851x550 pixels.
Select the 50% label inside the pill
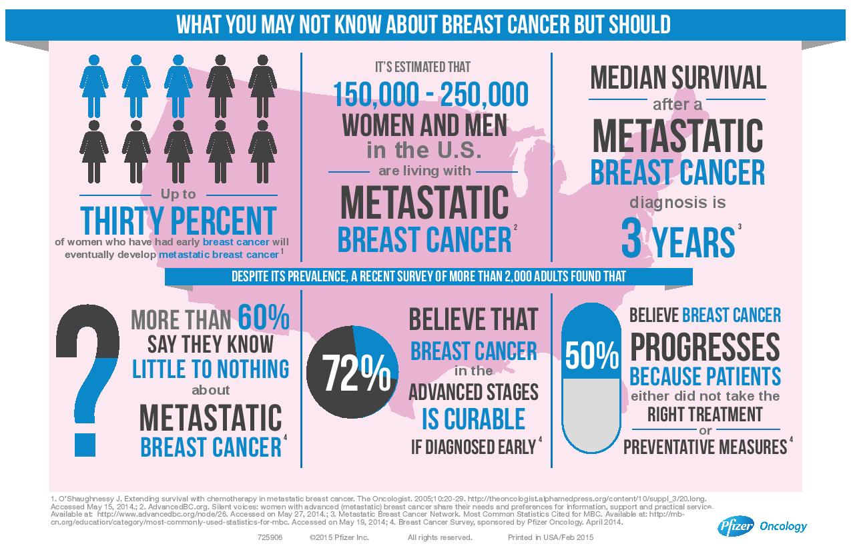pos(592,358)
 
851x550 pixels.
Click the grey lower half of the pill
pos(592,413)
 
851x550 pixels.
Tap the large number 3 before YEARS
pos(631,241)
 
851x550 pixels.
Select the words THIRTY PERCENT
pos(178,221)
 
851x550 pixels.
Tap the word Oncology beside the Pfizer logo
pos(784,527)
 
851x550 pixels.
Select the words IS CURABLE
pos(473,418)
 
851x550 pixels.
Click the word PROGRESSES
pos(705,347)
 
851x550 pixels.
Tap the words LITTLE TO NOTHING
pos(211,368)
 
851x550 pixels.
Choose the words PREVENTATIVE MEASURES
pos(705,446)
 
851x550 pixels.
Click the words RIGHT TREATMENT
pos(705,414)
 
